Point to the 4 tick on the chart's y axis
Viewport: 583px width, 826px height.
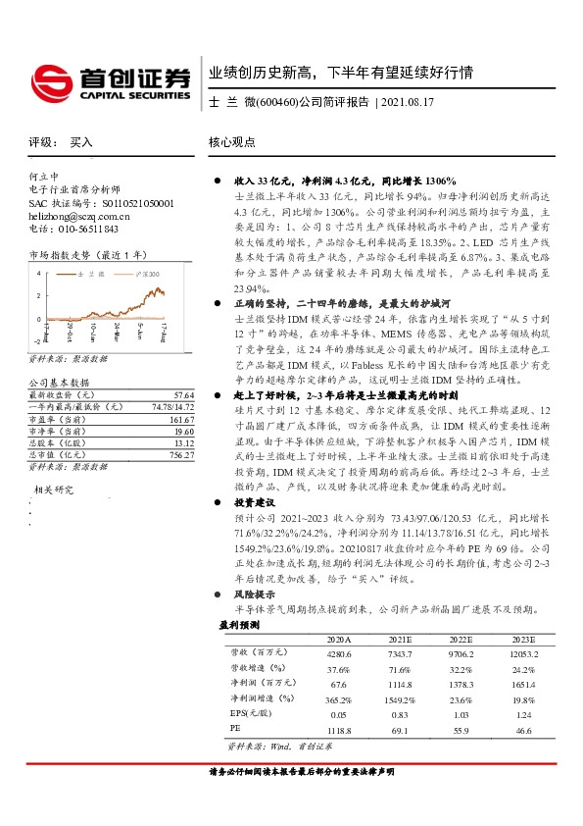(x=37, y=274)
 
